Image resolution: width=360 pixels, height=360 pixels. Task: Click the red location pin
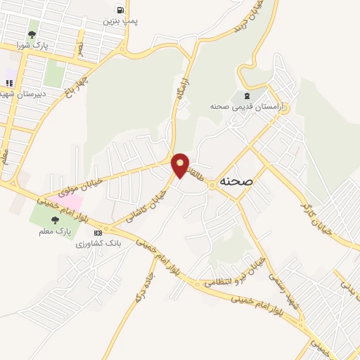(181, 165)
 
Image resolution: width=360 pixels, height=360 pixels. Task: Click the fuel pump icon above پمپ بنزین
(120, 10)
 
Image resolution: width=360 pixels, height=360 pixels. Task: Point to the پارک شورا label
(32, 46)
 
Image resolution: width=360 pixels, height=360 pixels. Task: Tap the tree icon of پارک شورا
(32, 34)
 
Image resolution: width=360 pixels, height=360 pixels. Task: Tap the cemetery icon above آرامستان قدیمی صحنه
(246, 95)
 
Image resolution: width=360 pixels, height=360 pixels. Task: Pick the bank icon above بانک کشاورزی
(98, 232)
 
